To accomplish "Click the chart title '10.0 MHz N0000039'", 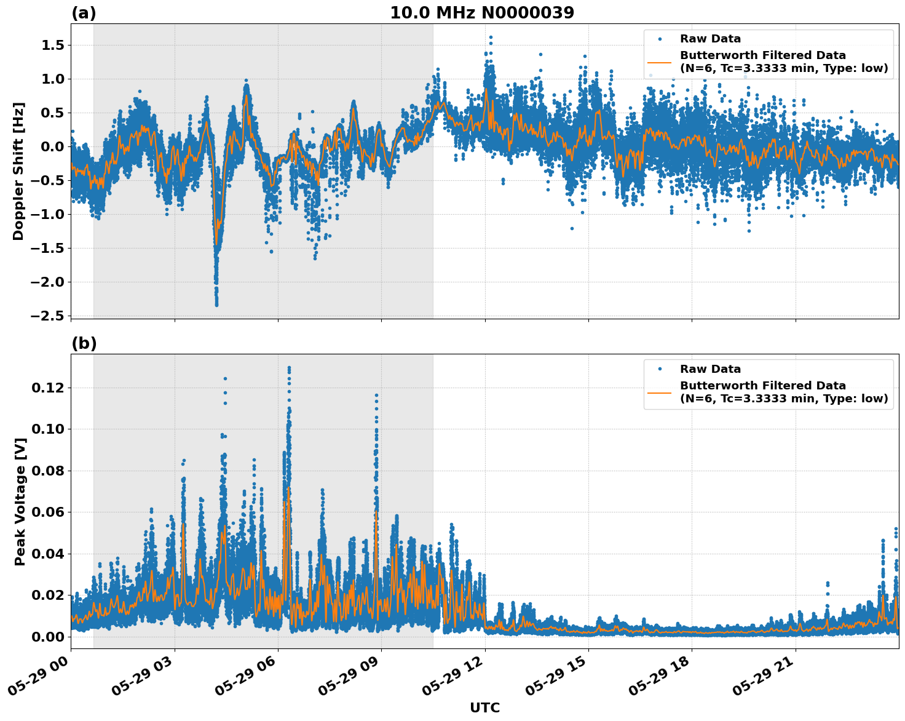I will (481, 13).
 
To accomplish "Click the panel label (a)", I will (84, 13).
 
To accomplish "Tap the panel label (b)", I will (84, 343).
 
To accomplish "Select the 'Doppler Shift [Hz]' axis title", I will (18, 171).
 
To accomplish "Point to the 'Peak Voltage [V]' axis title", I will (20, 501).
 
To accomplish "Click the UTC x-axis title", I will (484, 707).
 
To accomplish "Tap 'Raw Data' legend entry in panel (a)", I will (710, 39).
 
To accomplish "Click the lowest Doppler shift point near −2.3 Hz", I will (216, 305).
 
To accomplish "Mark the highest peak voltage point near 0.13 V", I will (289, 368).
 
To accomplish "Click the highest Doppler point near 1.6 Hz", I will (491, 38).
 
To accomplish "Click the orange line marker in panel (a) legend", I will (659, 62).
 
